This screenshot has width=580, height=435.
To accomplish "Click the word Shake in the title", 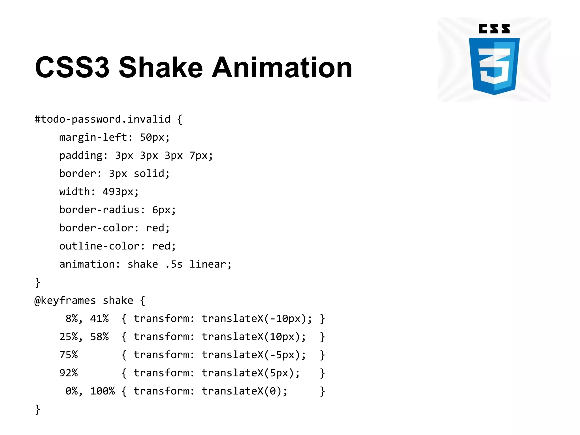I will click(161, 67).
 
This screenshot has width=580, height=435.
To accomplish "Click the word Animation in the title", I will click(282, 67).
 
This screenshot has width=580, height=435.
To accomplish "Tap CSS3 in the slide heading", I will click(72, 67).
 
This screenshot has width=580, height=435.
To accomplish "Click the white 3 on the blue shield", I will click(494, 66).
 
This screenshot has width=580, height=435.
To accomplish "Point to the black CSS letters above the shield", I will click(494, 29).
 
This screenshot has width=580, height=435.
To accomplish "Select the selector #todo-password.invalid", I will click(102, 119).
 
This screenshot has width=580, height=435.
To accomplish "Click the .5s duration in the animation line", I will click(174, 264).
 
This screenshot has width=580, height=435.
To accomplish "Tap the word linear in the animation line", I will click(208, 264).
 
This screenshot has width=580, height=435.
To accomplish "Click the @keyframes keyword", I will click(65, 300).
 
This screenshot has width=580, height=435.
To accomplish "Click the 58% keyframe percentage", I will click(99, 337).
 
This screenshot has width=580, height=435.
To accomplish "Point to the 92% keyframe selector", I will click(68, 373).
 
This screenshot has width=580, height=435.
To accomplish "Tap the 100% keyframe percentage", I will click(103, 391).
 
